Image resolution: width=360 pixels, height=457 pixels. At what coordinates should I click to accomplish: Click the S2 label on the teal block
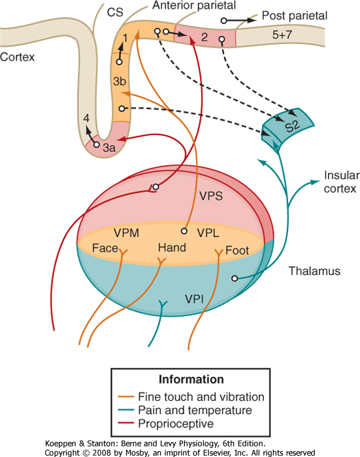pyautogui.click(x=292, y=126)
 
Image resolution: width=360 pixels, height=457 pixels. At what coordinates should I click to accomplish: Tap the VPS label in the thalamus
pyautogui.click(x=211, y=196)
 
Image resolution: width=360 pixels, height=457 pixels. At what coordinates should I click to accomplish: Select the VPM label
pyautogui.click(x=126, y=233)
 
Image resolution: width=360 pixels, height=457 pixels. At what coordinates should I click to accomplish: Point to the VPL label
pyautogui.click(x=208, y=233)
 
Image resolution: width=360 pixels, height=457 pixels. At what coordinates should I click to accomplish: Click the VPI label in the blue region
pyautogui.click(x=194, y=299)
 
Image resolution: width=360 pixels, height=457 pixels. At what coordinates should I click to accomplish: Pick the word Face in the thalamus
pyautogui.click(x=105, y=248)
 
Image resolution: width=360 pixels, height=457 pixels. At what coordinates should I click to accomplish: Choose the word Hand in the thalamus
pyautogui.click(x=172, y=247)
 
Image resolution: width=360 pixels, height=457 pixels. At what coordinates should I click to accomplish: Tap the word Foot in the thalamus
pyautogui.click(x=237, y=250)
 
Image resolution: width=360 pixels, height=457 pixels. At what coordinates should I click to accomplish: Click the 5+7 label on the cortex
pyautogui.click(x=282, y=35)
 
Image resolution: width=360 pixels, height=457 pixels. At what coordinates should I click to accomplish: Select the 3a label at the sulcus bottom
pyautogui.click(x=109, y=148)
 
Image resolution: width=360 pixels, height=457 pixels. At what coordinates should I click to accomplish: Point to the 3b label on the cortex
pyautogui.click(x=120, y=81)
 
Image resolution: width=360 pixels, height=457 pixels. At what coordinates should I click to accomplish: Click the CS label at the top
pyautogui.click(x=115, y=12)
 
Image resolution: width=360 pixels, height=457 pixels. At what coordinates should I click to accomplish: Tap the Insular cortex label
pyautogui.click(x=342, y=182)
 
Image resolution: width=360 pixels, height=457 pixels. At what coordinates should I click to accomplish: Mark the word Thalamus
pyautogui.click(x=314, y=271)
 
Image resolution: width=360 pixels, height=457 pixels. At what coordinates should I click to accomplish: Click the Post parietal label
pyautogui.click(x=295, y=16)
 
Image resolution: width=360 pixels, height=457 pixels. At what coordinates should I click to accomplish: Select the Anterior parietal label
pyautogui.click(x=194, y=5)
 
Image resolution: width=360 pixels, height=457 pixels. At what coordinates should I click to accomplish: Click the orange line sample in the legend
pyautogui.click(x=126, y=397)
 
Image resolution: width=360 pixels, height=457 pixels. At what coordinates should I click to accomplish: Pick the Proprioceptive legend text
pyautogui.click(x=176, y=424)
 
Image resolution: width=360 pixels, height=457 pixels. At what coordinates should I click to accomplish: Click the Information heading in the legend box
pyautogui.click(x=191, y=379)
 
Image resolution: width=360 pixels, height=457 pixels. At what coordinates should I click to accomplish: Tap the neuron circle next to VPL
pyautogui.click(x=184, y=231)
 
